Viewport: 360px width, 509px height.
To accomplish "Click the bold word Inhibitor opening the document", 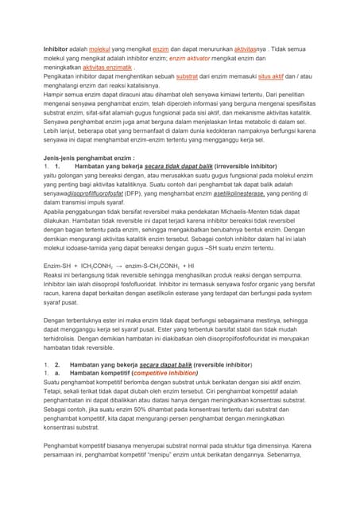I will coord(57,49).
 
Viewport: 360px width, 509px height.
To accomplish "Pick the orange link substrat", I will coord(187,78).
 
